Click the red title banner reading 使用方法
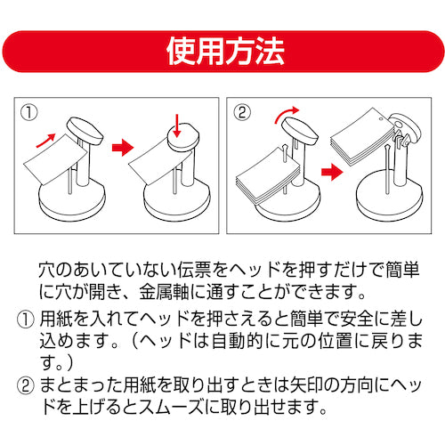[x=222, y=51]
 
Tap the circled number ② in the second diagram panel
[x=243, y=113]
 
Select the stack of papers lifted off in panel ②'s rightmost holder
[x=360, y=138]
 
